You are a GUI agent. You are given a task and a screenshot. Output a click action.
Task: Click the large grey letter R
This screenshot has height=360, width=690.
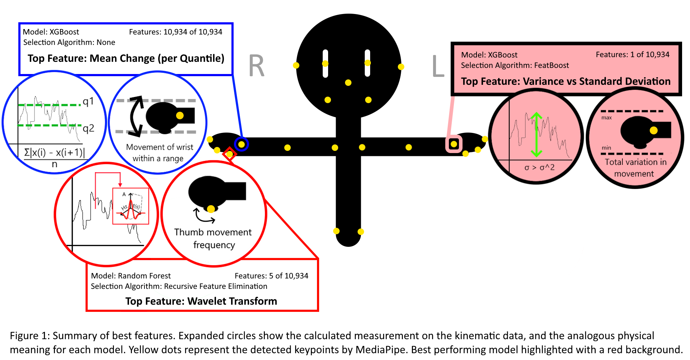[x=257, y=66]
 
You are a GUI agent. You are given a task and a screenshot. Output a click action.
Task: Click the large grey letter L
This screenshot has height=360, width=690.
[x=438, y=66]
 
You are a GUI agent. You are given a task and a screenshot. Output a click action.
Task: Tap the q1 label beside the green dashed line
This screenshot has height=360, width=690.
[x=88, y=102]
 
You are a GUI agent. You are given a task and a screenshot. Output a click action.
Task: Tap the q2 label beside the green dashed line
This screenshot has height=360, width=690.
[x=88, y=128]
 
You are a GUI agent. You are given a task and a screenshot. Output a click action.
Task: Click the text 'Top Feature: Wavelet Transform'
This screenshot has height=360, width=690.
[x=201, y=301]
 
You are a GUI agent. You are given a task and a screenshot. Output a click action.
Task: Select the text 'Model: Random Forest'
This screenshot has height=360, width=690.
[x=131, y=276]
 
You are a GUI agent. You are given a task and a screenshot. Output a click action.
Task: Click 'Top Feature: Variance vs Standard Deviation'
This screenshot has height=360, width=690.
[x=566, y=82]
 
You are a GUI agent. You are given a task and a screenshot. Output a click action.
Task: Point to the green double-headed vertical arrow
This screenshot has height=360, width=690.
[x=536, y=135]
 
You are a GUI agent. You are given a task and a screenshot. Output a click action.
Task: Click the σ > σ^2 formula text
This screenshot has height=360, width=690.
[x=539, y=167]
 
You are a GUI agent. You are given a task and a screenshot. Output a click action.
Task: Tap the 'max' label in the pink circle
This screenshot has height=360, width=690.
[x=607, y=118]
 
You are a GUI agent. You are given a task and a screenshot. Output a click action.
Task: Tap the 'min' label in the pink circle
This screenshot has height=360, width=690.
[x=606, y=148]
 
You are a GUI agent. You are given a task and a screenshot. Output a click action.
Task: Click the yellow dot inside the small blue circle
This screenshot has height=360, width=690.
[x=241, y=144]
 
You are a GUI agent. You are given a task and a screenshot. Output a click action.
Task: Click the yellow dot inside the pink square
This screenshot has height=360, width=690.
[x=454, y=144]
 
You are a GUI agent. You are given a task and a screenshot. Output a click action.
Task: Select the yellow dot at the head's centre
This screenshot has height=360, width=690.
[x=348, y=83]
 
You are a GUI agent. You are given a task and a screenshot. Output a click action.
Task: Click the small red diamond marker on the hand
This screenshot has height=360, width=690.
[x=229, y=154]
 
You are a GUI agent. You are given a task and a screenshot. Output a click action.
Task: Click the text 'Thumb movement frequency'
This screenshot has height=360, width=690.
[x=213, y=239]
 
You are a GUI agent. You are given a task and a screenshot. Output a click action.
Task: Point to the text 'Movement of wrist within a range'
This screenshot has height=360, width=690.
[x=159, y=153]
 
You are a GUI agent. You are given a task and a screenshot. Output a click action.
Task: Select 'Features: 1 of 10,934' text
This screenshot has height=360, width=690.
[x=632, y=55]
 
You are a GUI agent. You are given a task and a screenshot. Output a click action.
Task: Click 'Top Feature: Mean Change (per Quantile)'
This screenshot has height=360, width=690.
[x=126, y=59]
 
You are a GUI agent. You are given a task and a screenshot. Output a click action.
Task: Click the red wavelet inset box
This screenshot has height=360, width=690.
[x=131, y=206]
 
